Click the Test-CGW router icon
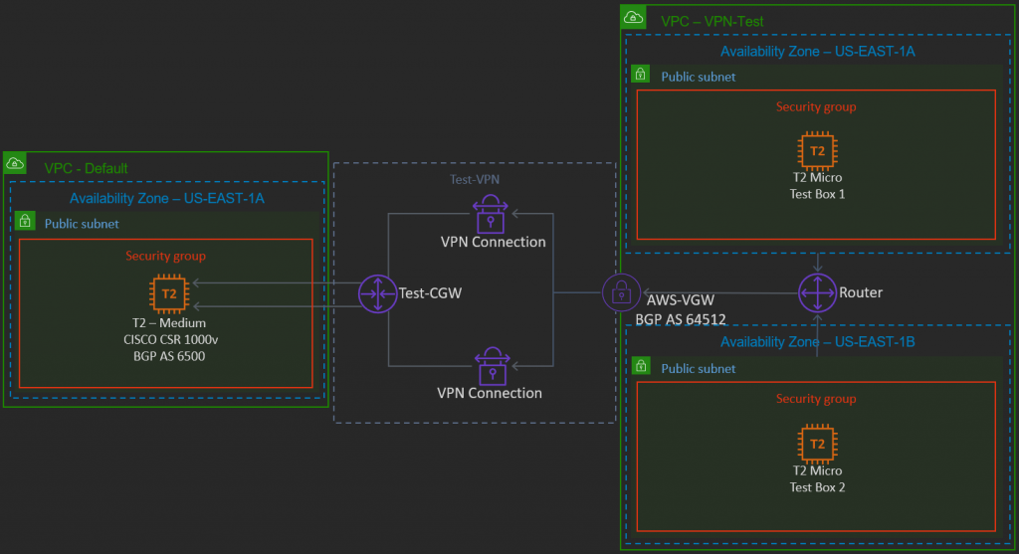coord(378,294)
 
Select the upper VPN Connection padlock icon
coord(491,211)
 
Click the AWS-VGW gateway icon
coord(621,292)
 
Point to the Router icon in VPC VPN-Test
coord(817,292)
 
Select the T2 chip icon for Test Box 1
coord(817,151)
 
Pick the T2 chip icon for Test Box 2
coord(817,444)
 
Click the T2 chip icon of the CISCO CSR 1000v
coord(169,294)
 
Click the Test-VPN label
coord(474,178)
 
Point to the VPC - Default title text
coord(86,168)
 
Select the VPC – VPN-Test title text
coord(712,21)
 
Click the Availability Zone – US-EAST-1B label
coord(817,342)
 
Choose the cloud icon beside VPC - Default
coord(16,163)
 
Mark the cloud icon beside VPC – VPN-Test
coord(632,17)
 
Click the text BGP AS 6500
coord(168,355)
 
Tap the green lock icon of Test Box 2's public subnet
coord(642,368)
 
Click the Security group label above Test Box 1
coord(816,107)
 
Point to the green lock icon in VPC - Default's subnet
coord(25,222)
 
